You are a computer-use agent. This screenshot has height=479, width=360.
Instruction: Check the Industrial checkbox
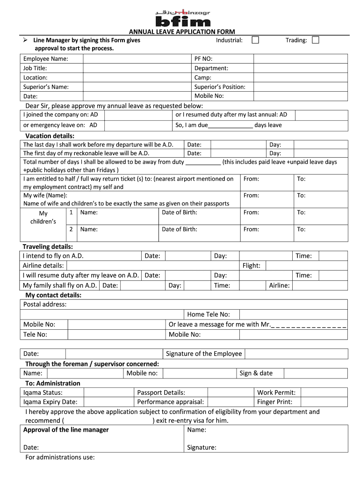coord(255,40)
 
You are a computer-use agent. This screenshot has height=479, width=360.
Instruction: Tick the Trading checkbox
coord(316,40)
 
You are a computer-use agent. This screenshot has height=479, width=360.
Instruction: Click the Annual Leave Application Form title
coord(182,32)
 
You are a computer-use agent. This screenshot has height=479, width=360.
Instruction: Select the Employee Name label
coord(46,59)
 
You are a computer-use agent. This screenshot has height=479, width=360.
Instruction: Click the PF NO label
coord(203,59)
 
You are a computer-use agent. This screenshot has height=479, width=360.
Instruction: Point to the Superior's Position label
coord(220,87)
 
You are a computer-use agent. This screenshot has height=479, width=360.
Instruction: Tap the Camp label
coord(203,78)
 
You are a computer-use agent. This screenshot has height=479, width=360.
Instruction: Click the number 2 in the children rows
coord(71,229)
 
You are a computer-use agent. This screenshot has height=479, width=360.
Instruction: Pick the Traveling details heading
coord(48,247)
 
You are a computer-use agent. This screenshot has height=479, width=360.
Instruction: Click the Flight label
coord(252,266)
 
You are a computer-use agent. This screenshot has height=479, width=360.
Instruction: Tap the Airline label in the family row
coord(279,285)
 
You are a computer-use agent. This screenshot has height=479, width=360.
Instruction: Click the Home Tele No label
coord(209,315)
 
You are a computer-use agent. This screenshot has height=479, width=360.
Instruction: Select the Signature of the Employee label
coord(204,354)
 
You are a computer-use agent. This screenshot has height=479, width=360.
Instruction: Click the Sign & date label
coord(256,373)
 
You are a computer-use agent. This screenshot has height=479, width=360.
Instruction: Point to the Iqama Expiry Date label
coord(50,402)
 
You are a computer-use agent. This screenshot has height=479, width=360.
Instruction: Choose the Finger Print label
coord(275,402)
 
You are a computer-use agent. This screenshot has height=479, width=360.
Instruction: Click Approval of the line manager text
coord(66,430)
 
